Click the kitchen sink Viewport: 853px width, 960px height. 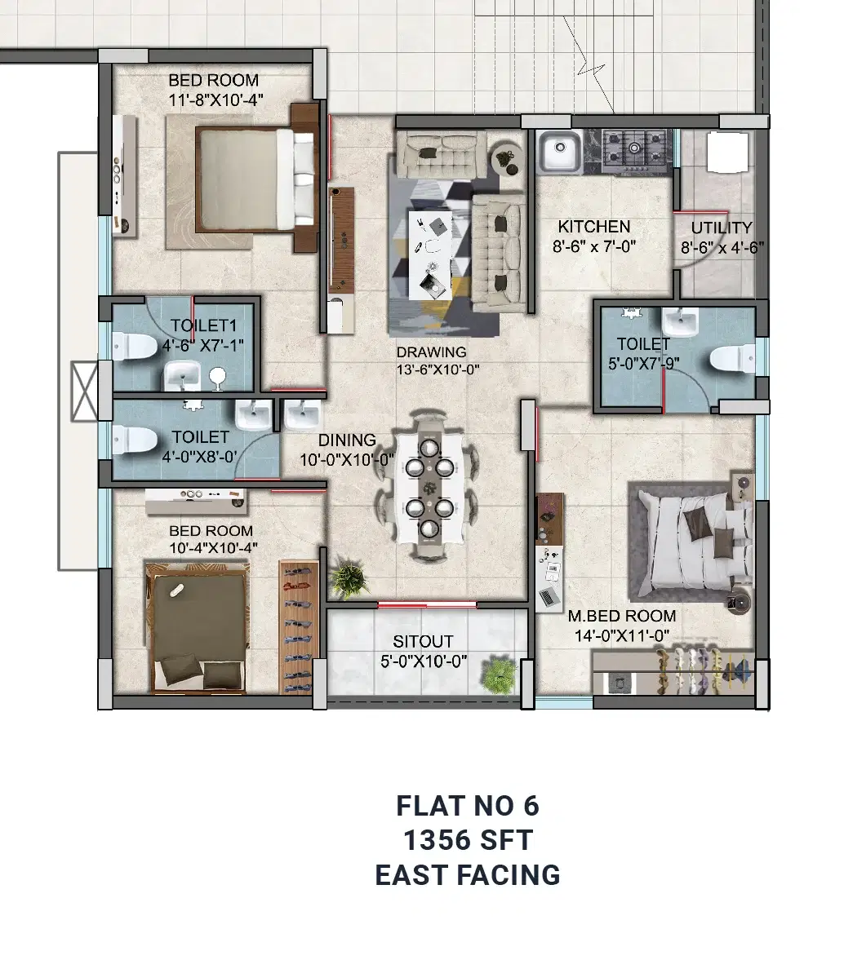tap(559, 152)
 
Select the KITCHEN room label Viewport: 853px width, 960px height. tap(593, 227)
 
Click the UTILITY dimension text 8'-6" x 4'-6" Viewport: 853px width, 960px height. tap(722, 248)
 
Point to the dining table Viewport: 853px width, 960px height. tap(429, 487)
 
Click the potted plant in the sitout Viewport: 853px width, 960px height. tap(497, 675)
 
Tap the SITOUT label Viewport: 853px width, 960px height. tap(423, 642)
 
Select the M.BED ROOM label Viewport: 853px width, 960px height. tap(621, 616)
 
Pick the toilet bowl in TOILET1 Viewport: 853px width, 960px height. tap(134, 347)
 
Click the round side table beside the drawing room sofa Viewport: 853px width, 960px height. tap(508, 158)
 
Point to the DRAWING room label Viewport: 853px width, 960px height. tap(432, 352)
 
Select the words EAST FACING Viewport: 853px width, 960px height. tap(468, 875)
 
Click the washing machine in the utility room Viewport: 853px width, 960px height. tap(727, 152)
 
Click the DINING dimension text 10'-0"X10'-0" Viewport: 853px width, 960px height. tap(347, 460)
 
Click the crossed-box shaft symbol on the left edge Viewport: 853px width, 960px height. tap(84, 392)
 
